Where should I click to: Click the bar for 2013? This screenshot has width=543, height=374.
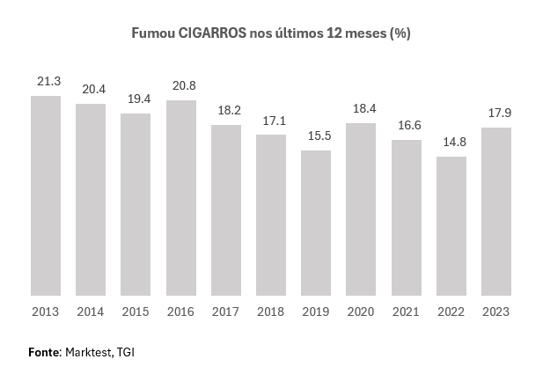pos(46,195)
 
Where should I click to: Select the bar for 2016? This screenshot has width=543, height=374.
pos(180,198)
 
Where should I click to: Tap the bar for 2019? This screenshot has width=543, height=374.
pos(316,223)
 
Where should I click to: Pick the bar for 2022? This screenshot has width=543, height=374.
pos(451,226)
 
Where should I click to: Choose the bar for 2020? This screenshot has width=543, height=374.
pos(361,209)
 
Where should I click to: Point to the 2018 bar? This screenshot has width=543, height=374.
pos(271,215)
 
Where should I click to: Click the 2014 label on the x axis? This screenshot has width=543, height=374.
pos(91,312)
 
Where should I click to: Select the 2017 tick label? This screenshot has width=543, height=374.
pos(225,312)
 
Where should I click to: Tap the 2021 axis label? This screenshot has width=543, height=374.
pos(406,312)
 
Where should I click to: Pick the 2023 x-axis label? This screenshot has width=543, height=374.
pos(495,312)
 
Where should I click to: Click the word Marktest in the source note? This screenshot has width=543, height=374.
pos(89,352)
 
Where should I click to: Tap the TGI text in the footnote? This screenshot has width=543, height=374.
pos(126,352)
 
